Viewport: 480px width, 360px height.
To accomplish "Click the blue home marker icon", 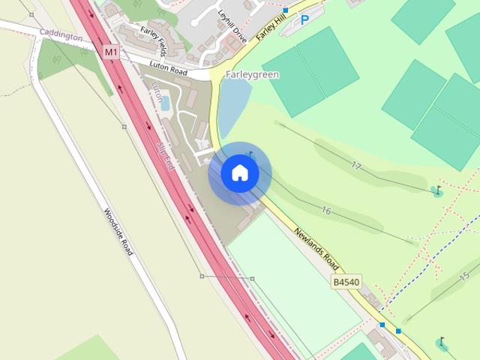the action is coord(239,173).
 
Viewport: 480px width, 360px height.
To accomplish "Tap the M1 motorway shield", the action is coord(111,52).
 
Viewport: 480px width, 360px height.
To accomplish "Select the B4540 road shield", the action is coord(346,282).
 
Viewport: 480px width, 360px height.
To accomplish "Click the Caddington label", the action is coord(61,34).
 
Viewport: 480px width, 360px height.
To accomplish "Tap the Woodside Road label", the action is coord(118,232).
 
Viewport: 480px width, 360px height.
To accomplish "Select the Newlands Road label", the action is coord(317,250).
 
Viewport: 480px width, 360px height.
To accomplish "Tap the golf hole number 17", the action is coord(355,166).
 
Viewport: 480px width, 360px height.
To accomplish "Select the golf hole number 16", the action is coord(326,211).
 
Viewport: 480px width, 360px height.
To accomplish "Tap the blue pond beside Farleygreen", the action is coord(233,105).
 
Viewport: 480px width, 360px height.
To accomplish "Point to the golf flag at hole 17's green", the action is coord(438,190).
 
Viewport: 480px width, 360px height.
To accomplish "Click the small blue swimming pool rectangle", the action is coord(165,104).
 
